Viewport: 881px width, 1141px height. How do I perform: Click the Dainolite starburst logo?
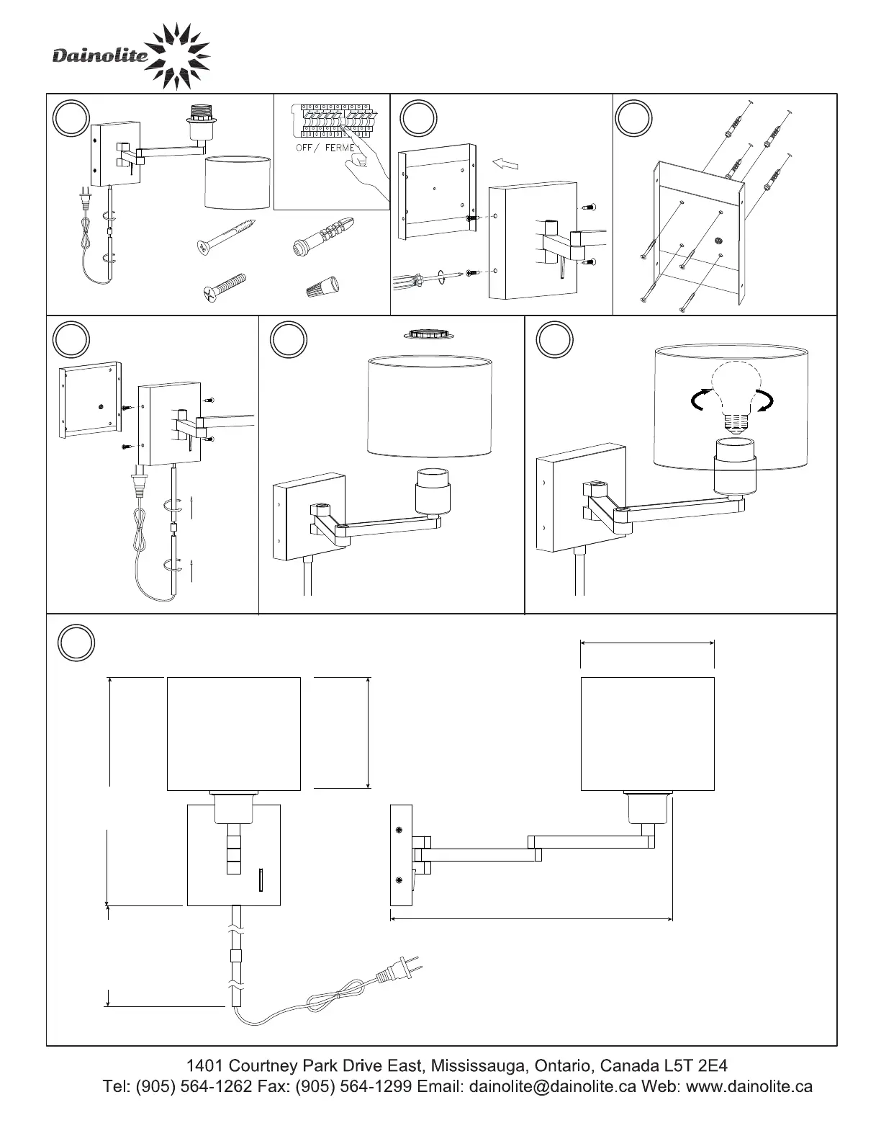pos(177,56)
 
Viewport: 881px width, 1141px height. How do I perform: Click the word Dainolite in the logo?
pos(99,56)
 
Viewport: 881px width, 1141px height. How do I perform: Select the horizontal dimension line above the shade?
pos(647,644)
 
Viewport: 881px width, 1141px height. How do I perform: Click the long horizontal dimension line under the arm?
pos(531,919)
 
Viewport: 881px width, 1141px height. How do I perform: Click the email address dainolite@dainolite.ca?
pos(552,1086)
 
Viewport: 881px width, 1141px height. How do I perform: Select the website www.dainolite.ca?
pos(749,1086)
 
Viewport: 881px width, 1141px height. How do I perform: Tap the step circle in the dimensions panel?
pos(76,643)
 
